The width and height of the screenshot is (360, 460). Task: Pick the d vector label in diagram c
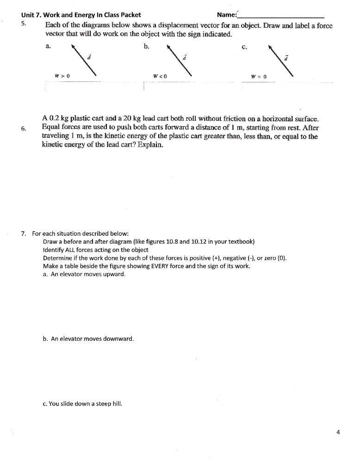click(287, 57)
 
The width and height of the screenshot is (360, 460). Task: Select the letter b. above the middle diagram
click(147, 46)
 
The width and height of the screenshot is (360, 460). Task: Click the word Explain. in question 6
click(150, 145)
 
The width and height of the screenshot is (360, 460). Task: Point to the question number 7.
click(23, 233)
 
